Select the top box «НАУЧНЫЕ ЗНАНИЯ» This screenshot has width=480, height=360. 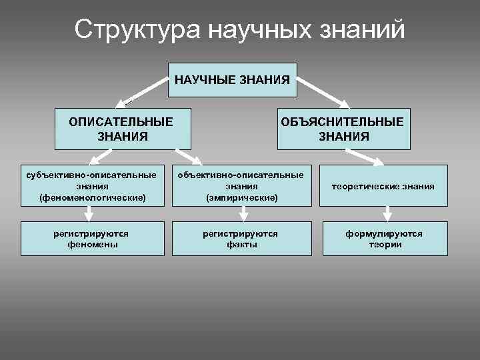click(232, 80)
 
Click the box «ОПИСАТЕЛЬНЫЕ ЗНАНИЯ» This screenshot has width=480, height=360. click(121, 129)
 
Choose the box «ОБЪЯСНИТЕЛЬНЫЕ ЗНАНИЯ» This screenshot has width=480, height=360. click(343, 129)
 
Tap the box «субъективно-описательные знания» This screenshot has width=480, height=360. click(92, 186)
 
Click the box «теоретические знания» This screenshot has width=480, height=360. click(383, 187)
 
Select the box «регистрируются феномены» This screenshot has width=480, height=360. click(92, 239)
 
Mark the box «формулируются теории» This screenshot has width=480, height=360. click(383, 239)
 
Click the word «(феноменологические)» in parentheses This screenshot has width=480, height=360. click(92, 198)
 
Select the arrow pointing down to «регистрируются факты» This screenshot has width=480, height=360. click(244, 213)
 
